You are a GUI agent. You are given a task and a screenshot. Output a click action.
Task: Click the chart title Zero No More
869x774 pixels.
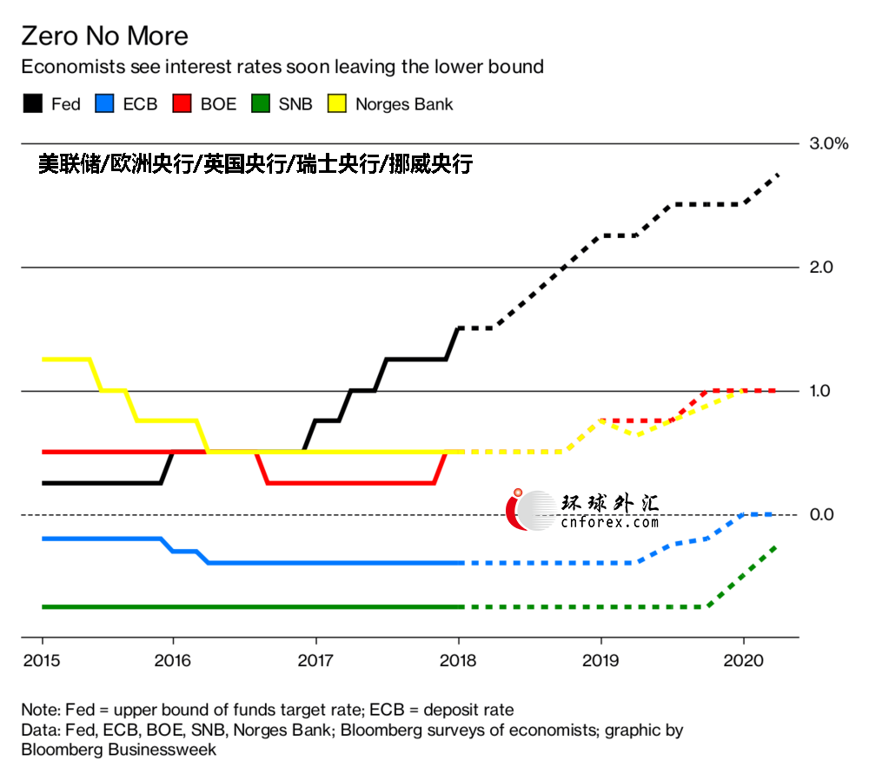[104, 36]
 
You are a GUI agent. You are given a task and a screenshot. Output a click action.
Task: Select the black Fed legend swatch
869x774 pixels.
[32, 104]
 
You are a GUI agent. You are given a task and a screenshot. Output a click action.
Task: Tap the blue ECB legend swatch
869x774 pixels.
[105, 104]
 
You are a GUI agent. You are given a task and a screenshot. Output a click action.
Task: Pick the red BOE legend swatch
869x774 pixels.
[183, 104]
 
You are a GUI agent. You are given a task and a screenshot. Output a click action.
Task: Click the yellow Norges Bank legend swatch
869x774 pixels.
[336, 104]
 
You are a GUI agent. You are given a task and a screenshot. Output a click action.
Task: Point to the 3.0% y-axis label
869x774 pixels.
[828, 143]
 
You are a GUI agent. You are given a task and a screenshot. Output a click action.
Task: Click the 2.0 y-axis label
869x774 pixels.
[821, 268]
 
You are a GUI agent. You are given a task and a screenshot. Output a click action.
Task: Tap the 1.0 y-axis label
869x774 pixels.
[821, 391]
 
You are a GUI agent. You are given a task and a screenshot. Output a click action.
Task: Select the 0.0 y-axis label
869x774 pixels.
[821, 515]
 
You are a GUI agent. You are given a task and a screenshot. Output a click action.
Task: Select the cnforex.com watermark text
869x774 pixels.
[609, 523]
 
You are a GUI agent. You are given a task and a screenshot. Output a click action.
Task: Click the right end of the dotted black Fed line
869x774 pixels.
[777, 175]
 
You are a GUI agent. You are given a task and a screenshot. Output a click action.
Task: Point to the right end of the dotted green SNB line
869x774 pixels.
[775, 546]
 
